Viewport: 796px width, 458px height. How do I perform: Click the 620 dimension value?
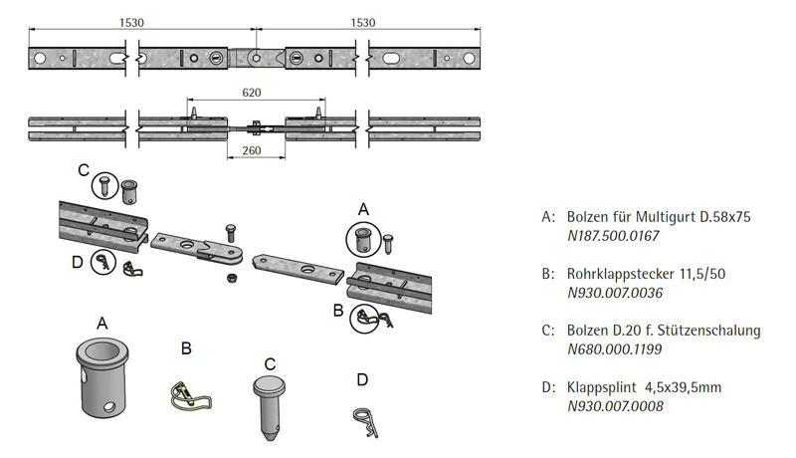click(x=251, y=93)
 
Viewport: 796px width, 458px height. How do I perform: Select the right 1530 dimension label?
click(x=363, y=22)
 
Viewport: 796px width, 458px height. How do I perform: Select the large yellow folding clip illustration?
click(x=186, y=396)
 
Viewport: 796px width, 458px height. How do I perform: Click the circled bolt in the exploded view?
click(x=363, y=238)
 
